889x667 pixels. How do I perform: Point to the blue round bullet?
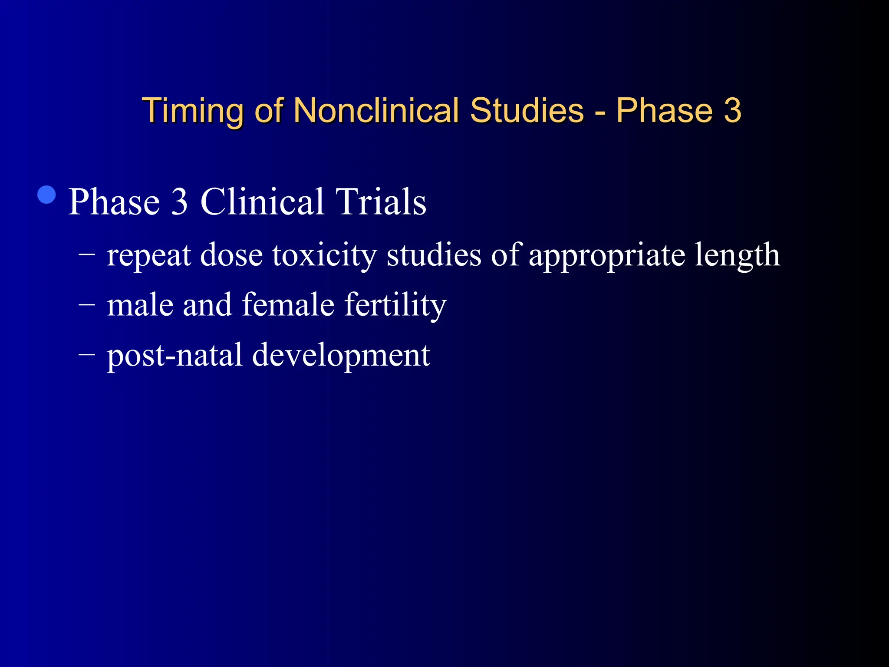click(47, 195)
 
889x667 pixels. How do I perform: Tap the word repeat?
click(149, 255)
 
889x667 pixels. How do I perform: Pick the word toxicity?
click(324, 255)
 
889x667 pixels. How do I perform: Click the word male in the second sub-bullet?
click(140, 305)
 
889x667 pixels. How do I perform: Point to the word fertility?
click(395, 305)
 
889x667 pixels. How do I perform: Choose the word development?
click(341, 355)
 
